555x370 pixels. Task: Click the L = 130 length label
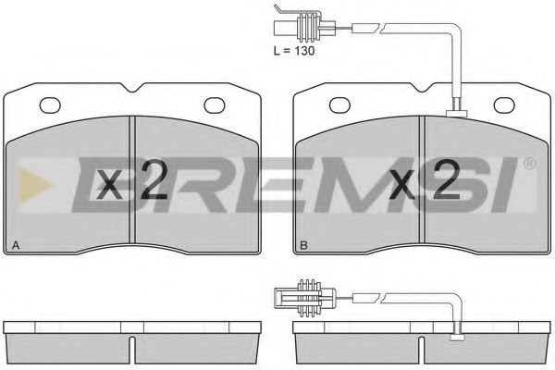click(x=294, y=51)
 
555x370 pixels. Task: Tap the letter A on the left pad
click(x=16, y=245)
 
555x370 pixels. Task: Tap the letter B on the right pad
click(x=303, y=245)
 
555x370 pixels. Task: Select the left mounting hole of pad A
click(x=50, y=105)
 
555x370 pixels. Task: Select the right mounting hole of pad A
click(x=215, y=105)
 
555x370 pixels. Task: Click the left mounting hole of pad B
click(x=339, y=105)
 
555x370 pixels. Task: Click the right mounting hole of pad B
click(x=504, y=105)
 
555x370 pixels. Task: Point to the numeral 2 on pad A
click(x=154, y=179)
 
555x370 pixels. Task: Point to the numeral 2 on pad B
click(x=447, y=179)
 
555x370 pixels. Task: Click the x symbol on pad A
click(x=110, y=184)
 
